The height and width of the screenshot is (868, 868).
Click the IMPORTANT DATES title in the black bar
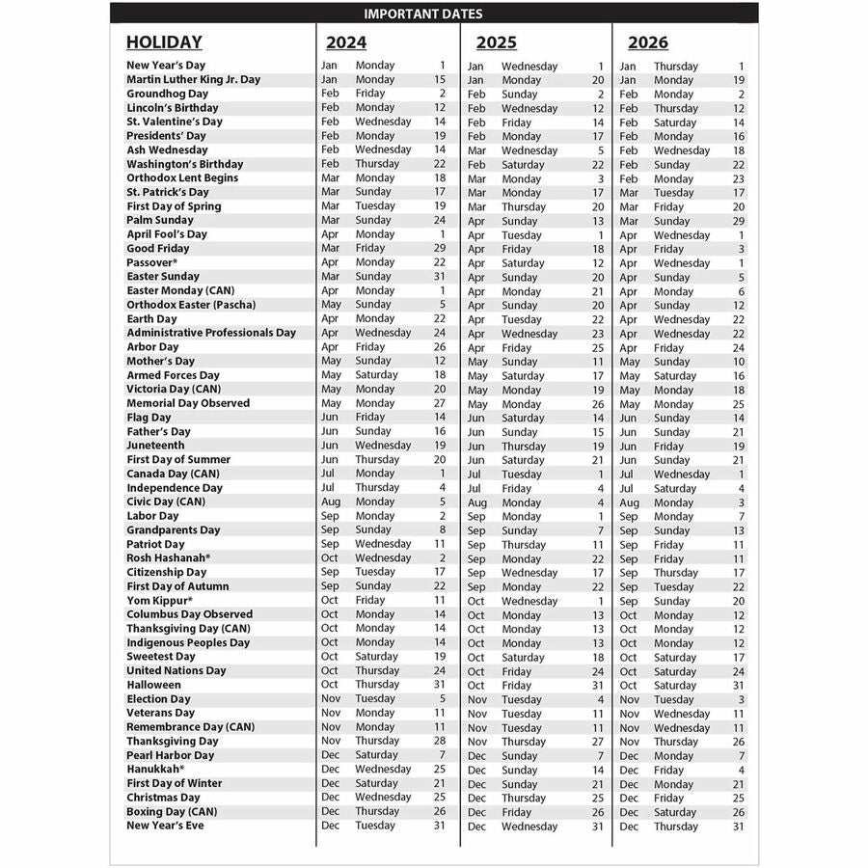[423, 14]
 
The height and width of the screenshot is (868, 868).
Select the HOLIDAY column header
[164, 42]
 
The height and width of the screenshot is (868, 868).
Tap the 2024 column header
[346, 42]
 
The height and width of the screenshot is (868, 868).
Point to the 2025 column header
[496, 42]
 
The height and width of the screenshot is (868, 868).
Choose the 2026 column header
[647, 42]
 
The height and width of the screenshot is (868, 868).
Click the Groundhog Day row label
[167, 94]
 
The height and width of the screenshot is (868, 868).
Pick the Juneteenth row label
[155, 446]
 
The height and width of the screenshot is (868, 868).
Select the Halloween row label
[153, 685]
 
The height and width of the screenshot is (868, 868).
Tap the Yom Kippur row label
[159, 600]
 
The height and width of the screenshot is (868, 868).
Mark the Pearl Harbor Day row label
[171, 755]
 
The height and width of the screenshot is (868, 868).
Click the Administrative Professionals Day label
[211, 333]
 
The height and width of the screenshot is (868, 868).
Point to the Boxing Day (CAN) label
[172, 811]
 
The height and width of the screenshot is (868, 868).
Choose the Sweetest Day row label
[160, 657]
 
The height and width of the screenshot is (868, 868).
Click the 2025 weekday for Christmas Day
[524, 799]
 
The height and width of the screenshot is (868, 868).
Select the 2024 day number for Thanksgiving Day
[440, 741]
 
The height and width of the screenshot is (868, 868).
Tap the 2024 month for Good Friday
[330, 248]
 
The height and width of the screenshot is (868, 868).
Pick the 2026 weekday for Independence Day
[675, 489]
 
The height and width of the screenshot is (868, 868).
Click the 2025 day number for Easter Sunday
[597, 278]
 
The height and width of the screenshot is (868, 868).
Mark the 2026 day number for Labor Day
[741, 517]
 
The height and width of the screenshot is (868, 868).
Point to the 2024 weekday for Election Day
[375, 698]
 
